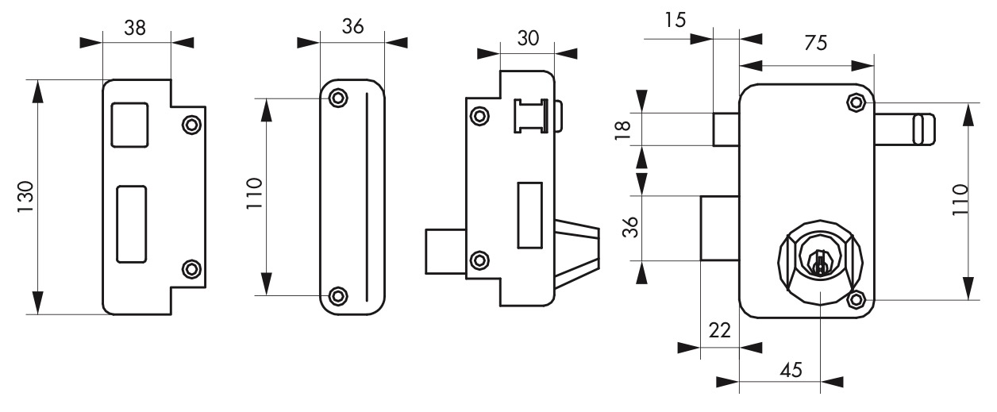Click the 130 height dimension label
pyautogui.click(x=25, y=197)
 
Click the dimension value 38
pyautogui.click(x=135, y=28)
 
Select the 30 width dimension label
pyautogui.click(x=528, y=38)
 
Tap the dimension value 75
pyautogui.click(x=815, y=43)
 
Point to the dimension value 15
pyautogui.click(x=675, y=20)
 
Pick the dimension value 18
pyautogui.click(x=622, y=130)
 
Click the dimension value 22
pyautogui.click(x=720, y=330)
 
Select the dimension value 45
pyautogui.click(x=791, y=370)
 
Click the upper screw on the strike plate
pyautogui.click(x=192, y=125)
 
